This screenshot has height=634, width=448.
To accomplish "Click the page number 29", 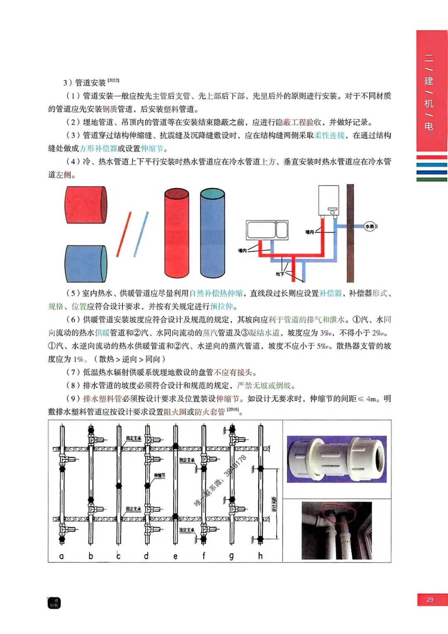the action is (430, 600).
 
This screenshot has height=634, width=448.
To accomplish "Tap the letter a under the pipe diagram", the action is (62, 556).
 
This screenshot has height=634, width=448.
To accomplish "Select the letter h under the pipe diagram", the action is (260, 556).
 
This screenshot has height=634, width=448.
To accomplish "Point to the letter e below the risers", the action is (175, 556).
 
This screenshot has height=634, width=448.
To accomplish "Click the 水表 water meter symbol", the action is (370, 226).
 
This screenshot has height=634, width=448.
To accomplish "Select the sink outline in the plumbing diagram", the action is (267, 230).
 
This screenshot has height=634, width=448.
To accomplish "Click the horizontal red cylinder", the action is (86, 205).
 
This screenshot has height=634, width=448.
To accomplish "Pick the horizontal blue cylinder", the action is (86, 264).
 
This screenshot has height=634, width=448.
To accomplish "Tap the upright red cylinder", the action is (176, 233).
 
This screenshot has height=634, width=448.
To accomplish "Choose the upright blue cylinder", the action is (212, 233).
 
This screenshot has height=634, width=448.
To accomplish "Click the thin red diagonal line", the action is (124, 234).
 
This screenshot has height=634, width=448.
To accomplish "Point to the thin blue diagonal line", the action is (141, 234).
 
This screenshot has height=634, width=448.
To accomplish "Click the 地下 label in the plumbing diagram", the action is (280, 274).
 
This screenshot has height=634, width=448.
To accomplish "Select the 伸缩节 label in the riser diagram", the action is (160, 475).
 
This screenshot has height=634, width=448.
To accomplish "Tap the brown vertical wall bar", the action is (351, 233).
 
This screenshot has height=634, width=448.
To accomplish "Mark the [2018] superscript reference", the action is (233, 409).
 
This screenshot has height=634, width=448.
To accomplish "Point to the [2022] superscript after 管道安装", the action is (113, 80).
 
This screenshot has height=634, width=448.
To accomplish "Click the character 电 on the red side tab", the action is (429, 126).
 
